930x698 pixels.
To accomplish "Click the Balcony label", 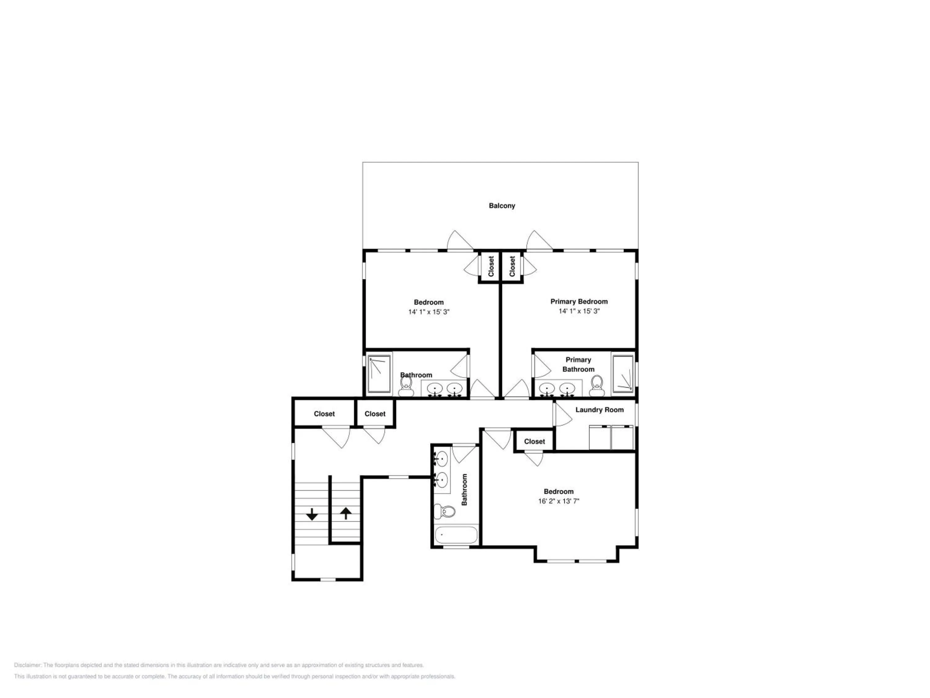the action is pyautogui.click(x=502, y=206).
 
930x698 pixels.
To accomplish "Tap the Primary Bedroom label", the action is pyautogui.click(x=579, y=301).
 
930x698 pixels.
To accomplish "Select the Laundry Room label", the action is pyautogui.click(x=600, y=410).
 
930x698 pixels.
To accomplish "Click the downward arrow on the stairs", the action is pyautogui.click(x=312, y=514).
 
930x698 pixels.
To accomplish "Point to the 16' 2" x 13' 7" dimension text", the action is pyautogui.click(x=558, y=501).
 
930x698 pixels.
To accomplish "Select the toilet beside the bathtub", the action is pyautogui.click(x=445, y=511).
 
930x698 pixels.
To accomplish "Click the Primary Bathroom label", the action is pyautogui.click(x=578, y=365).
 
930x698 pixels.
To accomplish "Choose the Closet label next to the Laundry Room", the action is pyautogui.click(x=534, y=441).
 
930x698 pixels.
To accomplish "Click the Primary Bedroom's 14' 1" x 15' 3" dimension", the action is pyautogui.click(x=579, y=311).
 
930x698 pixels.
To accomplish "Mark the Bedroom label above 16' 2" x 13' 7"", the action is pyautogui.click(x=558, y=491).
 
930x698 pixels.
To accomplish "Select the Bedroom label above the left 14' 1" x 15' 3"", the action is pyautogui.click(x=428, y=302).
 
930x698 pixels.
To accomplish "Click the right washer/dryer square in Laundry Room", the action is pyautogui.click(x=622, y=437).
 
